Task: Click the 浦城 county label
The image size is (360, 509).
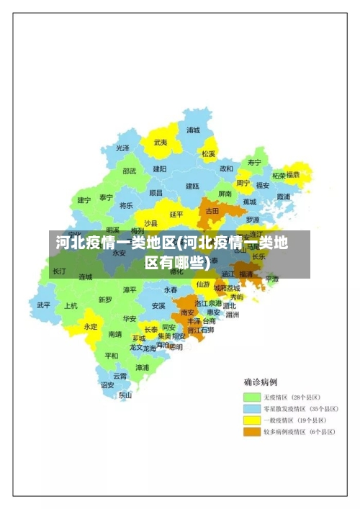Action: pyautogui.click(x=193, y=130)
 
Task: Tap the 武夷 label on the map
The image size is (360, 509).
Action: pyautogui.click(x=160, y=143)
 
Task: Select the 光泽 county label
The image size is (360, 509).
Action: pyautogui.click(x=123, y=148)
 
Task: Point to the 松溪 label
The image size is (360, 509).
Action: pyautogui.click(x=208, y=153)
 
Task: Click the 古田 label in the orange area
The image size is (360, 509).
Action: pyautogui.click(x=212, y=211)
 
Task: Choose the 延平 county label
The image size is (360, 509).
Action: pyautogui.click(x=176, y=214)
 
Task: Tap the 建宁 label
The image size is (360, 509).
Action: pyautogui.click(x=84, y=200)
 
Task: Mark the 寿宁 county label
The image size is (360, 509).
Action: pyautogui.click(x=254, y=162)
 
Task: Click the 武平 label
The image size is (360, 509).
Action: pyautogui.click(x=44, y=305)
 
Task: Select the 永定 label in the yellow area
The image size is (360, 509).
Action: pyautogui.click(x=91, y=326)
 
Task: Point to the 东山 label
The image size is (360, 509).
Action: pyautogui.click(x=125, y=395)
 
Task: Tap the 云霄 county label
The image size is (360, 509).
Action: pyautogui.click(x=120, y=376)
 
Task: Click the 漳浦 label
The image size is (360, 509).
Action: pyautogui.click(x=143, y=367)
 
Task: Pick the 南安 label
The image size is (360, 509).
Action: pyautogui.click(x=188, y=312)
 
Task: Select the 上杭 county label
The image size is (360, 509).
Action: pyautogui.click(x=71, y=305)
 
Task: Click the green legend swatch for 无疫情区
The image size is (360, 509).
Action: pyautogui.click(x=251, y=397)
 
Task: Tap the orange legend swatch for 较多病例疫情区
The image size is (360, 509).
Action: pyautogui.click(x=251, y=432)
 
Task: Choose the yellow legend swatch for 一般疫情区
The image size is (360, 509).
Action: pyautogui.click(x=251, y=420)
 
